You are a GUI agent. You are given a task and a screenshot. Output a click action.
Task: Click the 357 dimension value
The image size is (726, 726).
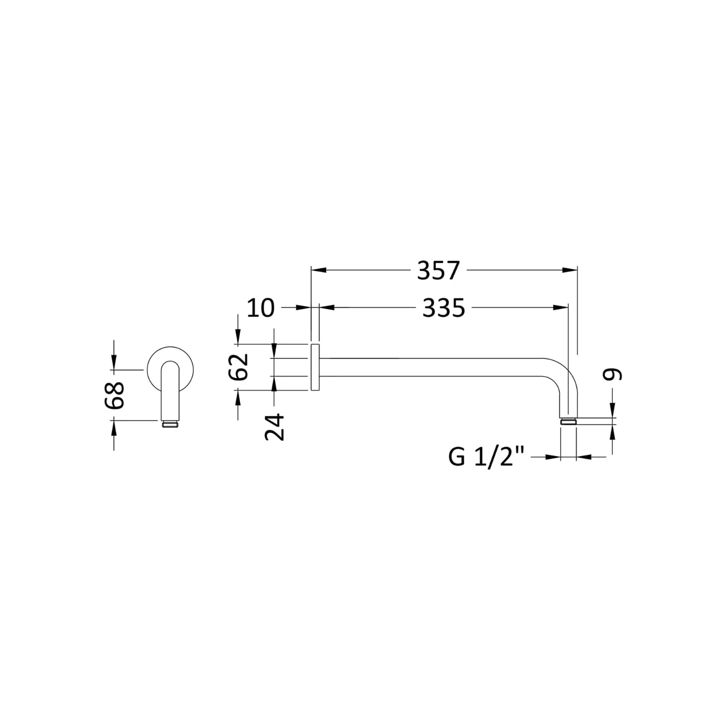tap(438, 271)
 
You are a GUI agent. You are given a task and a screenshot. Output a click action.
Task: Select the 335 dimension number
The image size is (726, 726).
tap(444, 308)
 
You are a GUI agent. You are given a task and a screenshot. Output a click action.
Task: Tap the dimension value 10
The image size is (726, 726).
tap(260, 308)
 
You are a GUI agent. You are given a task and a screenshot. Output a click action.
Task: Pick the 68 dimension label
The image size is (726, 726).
tap(115, 395)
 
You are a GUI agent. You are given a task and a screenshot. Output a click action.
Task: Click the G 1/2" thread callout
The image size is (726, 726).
tap(487, 457)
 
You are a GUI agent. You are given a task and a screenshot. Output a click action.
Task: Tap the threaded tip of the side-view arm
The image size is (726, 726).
tap(568, 422)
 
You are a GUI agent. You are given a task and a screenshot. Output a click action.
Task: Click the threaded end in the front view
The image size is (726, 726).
tap(169, 424)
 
